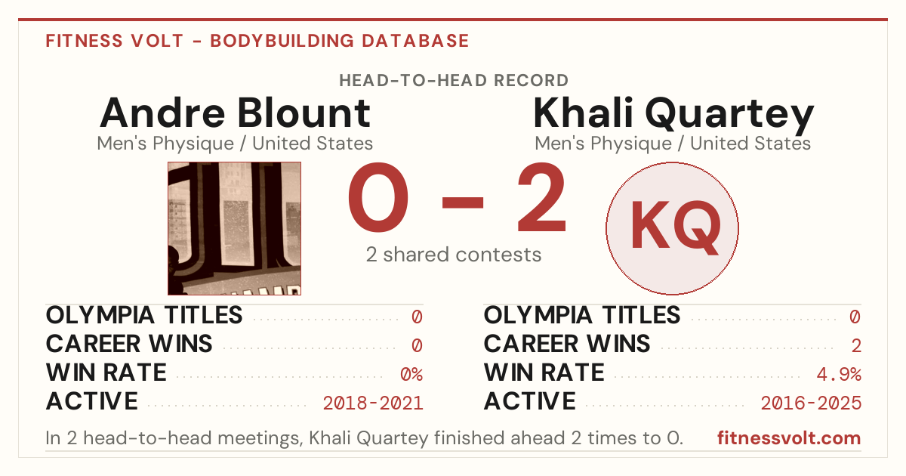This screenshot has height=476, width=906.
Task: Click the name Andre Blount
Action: coord(235,113)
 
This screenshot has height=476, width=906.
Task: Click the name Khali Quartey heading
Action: coord(673,116)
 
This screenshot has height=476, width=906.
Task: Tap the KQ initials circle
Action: coord(672,229)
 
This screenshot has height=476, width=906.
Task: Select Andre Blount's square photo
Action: coord(234,229)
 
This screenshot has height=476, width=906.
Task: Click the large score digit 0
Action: coord(378,197)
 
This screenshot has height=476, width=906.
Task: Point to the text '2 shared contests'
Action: coord(454,255)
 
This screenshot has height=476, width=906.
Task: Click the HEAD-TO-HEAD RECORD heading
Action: coord(454,81)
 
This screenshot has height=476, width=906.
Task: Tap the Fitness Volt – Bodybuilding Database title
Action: coord(257,41)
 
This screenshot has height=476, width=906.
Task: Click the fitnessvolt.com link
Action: coord(789,438)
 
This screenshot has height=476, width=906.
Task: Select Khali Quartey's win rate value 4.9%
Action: coord(839,374)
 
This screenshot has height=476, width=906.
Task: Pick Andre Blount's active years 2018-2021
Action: coord(373,403)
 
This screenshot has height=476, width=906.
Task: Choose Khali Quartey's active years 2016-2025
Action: coord(811,403)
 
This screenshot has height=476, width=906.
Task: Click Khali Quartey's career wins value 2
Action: coord(856,345)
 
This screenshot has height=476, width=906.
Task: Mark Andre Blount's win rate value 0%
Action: coord(411,374)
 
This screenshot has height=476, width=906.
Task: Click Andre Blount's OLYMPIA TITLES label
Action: coord(144,315)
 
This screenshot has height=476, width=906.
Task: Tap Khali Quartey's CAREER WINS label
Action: coord(567,344)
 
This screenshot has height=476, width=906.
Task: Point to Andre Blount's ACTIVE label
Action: coord(92,401)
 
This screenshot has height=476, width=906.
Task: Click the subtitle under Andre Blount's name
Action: coord(235,144)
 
